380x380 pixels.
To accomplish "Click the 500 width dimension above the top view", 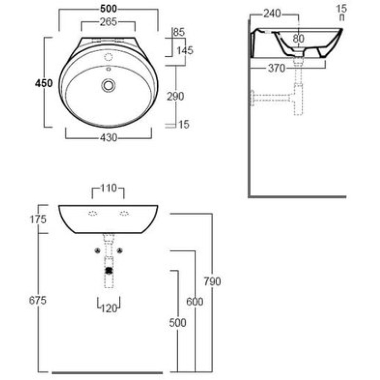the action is coord(108,9).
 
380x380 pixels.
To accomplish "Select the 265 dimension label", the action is coord(108,22).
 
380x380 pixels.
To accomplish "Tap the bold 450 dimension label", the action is coord(44,84).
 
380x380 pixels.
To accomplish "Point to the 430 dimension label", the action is coord(109,138).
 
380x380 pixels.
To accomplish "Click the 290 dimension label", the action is coord(175,96).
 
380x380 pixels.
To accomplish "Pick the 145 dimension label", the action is coord(185,50).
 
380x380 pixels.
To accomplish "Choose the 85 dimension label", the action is coord(180,32).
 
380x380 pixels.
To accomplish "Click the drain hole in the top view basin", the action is coord(108,85).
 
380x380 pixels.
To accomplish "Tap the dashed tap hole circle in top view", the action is coord(108,57).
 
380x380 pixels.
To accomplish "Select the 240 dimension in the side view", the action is coord(272,14).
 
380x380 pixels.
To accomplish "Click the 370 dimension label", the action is coord(276,68).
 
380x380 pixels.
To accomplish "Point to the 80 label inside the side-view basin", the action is coord(298,38).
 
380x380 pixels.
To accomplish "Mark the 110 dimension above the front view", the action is coord(108,188).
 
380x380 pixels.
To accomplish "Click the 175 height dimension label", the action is coord(38,219).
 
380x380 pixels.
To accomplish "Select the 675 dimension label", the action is coord(38,301).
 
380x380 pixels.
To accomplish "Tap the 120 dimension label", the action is coord(109,308).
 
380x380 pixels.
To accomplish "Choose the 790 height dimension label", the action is coord(212,281).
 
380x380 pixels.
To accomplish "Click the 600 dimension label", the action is coord(195,302).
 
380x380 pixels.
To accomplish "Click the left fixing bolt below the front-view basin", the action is coord(97,251).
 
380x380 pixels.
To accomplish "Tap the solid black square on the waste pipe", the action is coord(109,270).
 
